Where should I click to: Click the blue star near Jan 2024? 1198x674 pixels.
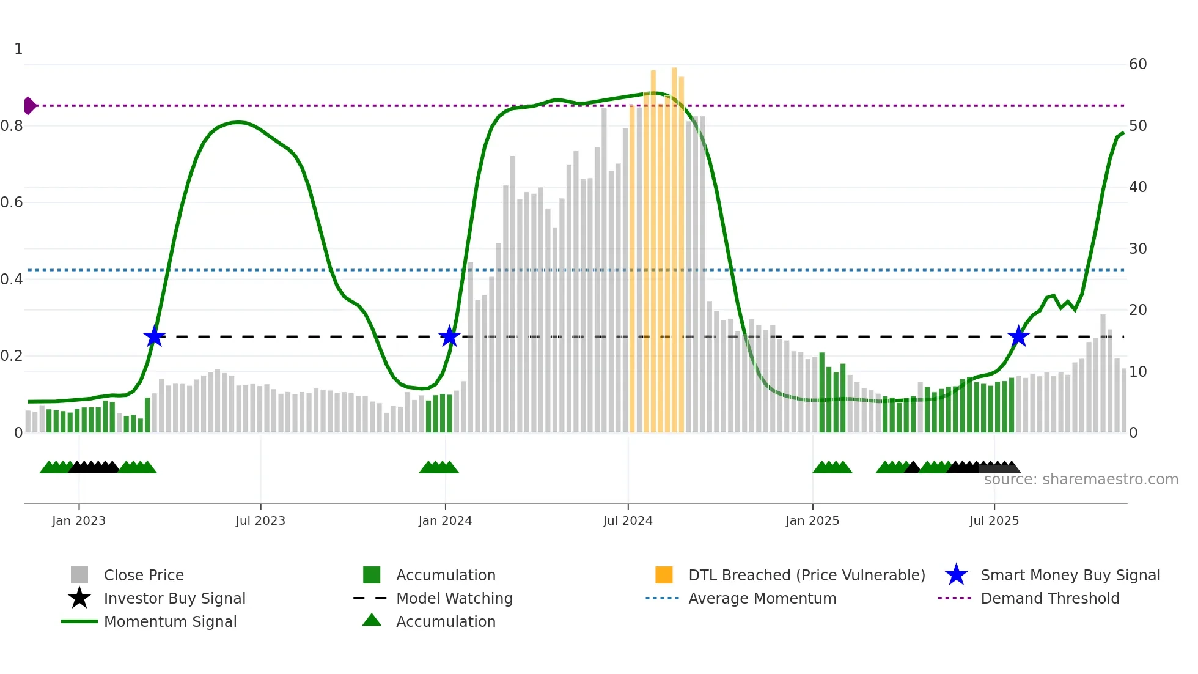click(449, 336)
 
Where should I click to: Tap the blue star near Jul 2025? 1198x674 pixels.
click(1018, 336)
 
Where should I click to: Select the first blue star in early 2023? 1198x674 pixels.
click(154, 336)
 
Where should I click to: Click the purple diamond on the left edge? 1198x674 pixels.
click(29, 106)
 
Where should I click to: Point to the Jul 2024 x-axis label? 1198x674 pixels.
click(628, 520)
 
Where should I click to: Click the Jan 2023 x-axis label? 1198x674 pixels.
click(79, 520)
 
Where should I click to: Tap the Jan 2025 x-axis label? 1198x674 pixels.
click(812, 520)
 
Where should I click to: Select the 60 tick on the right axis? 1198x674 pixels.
click(1137, 64)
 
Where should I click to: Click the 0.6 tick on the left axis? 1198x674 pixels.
click(12, 202)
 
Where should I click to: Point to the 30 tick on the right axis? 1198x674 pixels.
click(1137, 249)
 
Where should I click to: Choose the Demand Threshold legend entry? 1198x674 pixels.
click(1049, 598)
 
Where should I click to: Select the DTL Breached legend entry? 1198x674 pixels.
click(806, 575)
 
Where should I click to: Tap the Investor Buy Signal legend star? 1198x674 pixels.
click(79, 598)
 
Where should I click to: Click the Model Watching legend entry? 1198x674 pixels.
click(454, 598)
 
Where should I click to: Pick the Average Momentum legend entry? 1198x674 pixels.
click(762, 598)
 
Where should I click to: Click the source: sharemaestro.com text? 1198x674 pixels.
click(1081, 480)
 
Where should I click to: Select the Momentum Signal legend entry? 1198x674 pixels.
click(170, 621)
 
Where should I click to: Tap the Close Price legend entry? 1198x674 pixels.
click(143, 575)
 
